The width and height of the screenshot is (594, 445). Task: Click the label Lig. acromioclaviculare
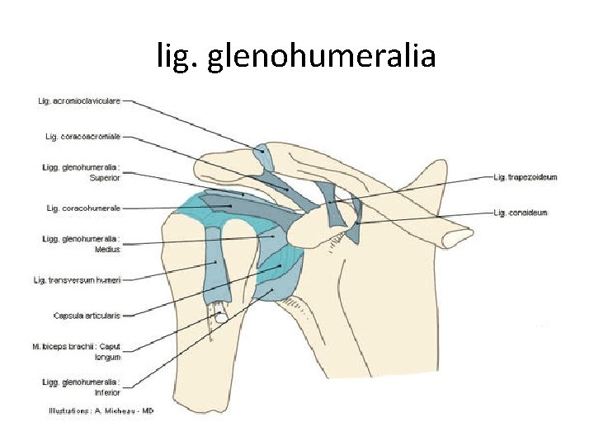coord(79,101)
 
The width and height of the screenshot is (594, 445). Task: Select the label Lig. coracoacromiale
coord(81,135)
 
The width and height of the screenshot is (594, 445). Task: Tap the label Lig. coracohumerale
coord(81,208)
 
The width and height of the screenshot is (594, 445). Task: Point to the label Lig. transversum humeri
coord(78,280)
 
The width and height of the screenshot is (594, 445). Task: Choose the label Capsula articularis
coord(87,315)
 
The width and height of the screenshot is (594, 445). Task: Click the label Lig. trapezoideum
coord(526,176)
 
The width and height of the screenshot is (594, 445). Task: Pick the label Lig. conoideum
coord(521,213)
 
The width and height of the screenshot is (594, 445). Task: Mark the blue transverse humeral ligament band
coord(217,264)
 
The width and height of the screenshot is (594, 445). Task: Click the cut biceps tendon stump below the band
coord(220,314)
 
